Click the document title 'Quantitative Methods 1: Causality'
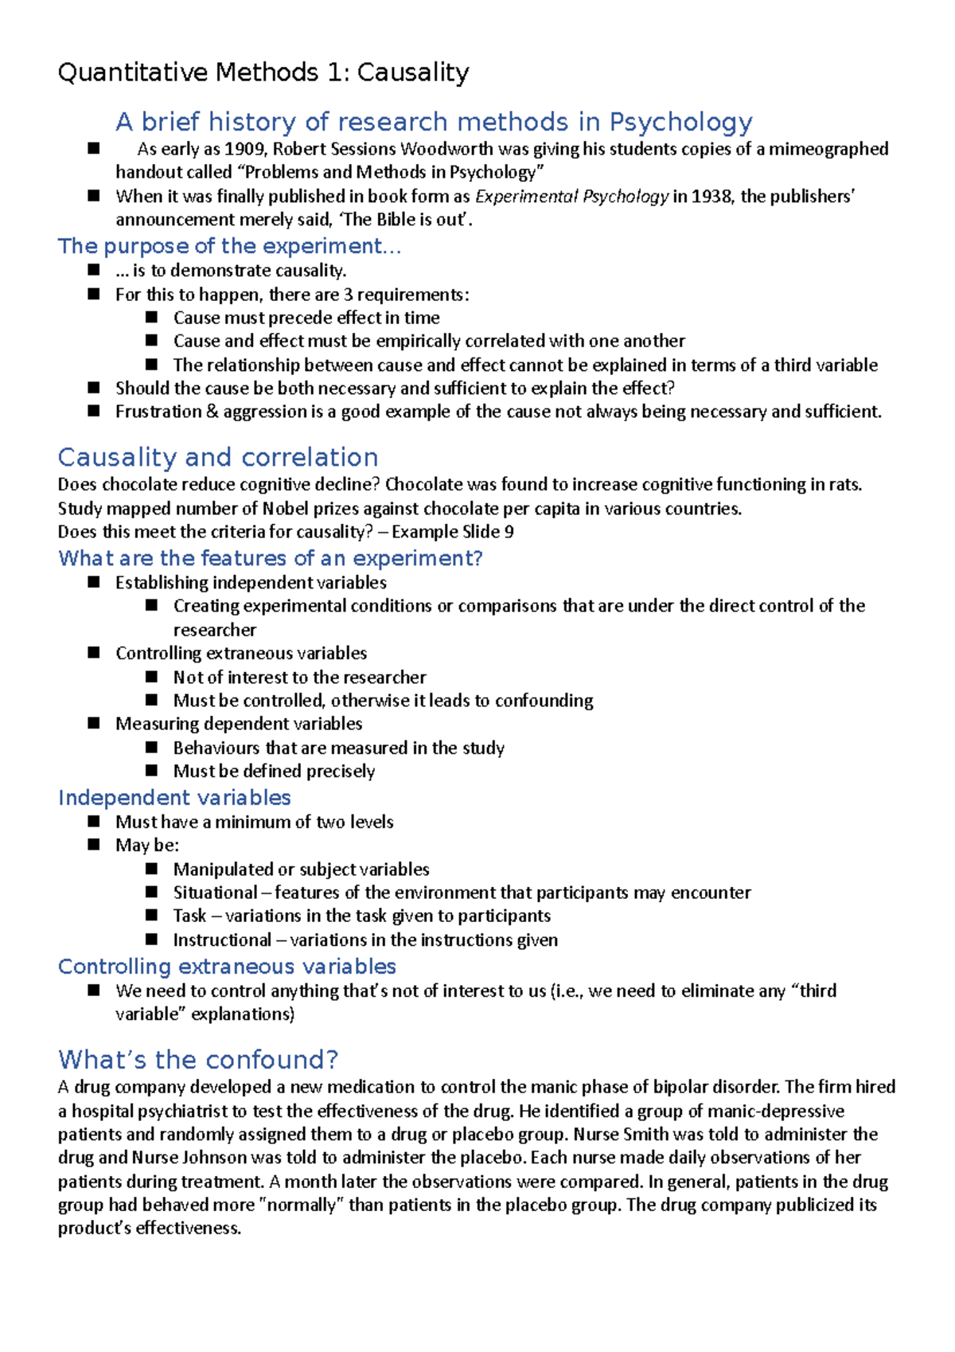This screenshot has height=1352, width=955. [263, 73]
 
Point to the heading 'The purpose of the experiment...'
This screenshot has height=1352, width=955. [229, 246]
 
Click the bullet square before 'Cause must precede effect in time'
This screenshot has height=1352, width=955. [152, 317]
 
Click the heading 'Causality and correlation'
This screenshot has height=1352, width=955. [218, 458]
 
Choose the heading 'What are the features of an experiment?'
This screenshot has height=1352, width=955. [270, 558]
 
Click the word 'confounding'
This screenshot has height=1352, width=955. [544, 701]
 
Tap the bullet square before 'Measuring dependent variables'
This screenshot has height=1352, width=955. [94, 723]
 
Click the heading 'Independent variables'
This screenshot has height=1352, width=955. [174, 798]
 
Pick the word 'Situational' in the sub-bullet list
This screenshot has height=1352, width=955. [215, 893]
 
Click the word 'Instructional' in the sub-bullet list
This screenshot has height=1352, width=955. [222, 940]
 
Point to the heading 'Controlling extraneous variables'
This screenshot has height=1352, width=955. [227, 967]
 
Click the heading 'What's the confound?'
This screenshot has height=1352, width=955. [198, 1061]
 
